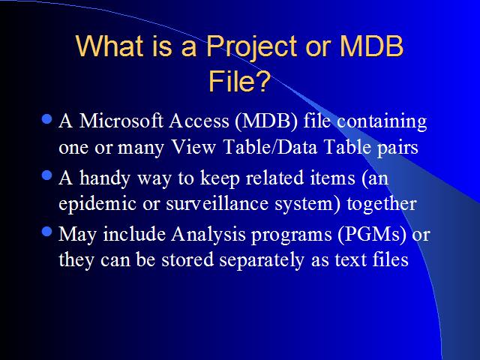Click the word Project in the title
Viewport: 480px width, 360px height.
tap(252, 46)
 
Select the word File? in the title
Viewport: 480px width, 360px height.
tap(240, 81)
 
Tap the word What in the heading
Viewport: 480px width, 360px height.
tap(109, 46)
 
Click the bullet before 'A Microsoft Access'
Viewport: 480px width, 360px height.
tap(46, 118)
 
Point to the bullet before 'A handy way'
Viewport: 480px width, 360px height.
tap(46, 175)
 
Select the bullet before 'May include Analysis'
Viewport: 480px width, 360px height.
tap(46, 232)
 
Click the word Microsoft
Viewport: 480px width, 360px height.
tap(121, 121)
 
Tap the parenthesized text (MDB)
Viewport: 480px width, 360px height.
tap(266, 121)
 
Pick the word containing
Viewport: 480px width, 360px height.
tap(382, 122)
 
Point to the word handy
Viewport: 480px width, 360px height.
tap(105, 178)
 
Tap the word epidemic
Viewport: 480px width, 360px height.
tap(97, 204)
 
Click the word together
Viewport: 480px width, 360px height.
tap(382, 205)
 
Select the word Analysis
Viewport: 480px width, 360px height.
tap(208, 235)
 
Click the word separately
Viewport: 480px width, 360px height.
tap(262, 261)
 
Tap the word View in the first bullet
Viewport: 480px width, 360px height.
tap(193, 147)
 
